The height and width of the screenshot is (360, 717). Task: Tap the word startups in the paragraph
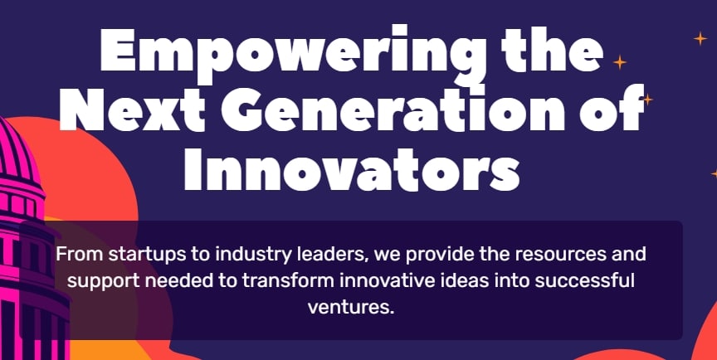pos(142,253)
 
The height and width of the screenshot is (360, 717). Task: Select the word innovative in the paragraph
pos(381,280)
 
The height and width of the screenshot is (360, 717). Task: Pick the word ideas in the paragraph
pos(458,280)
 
